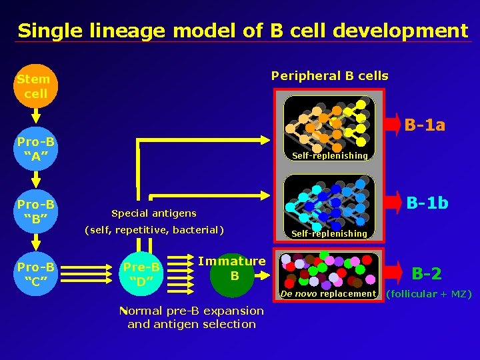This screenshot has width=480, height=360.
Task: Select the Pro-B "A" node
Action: click(36, 149)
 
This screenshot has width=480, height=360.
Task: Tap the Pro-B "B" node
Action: click(36, 210)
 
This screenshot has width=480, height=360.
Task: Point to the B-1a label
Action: click(425, 125)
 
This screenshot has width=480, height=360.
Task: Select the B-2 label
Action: click(427, 273)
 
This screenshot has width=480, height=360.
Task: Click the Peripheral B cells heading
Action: click(329, 75)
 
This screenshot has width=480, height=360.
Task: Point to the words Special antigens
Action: click(153, 213)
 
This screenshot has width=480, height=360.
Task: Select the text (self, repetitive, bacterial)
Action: click(153, 230)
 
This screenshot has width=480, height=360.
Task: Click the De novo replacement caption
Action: click(328, 294)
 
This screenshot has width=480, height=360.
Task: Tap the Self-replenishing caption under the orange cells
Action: click(329, 155)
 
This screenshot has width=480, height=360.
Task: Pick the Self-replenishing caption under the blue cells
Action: click(329, 233)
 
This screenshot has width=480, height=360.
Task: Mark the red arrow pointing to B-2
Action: click(396, 271)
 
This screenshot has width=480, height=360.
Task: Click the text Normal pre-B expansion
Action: click(192, 311)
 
